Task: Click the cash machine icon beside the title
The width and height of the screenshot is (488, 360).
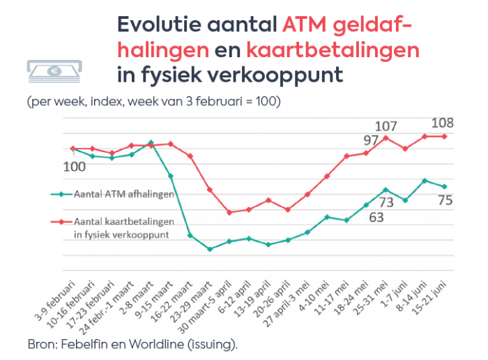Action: pyautogui.click(x=53, y=70)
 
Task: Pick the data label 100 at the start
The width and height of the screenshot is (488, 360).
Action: pyautogui.click(x=75, y=167)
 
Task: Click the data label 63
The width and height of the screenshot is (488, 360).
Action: pyautogui.click(x=376, y=216)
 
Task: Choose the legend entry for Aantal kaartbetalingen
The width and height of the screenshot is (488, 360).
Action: pyautogui.click(x=123, y=227)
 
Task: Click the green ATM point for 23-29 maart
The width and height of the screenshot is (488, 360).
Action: pyautogui.click(x=210, y=249)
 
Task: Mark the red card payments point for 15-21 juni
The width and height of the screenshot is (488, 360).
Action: pyautogui.click(x=445, y=136)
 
